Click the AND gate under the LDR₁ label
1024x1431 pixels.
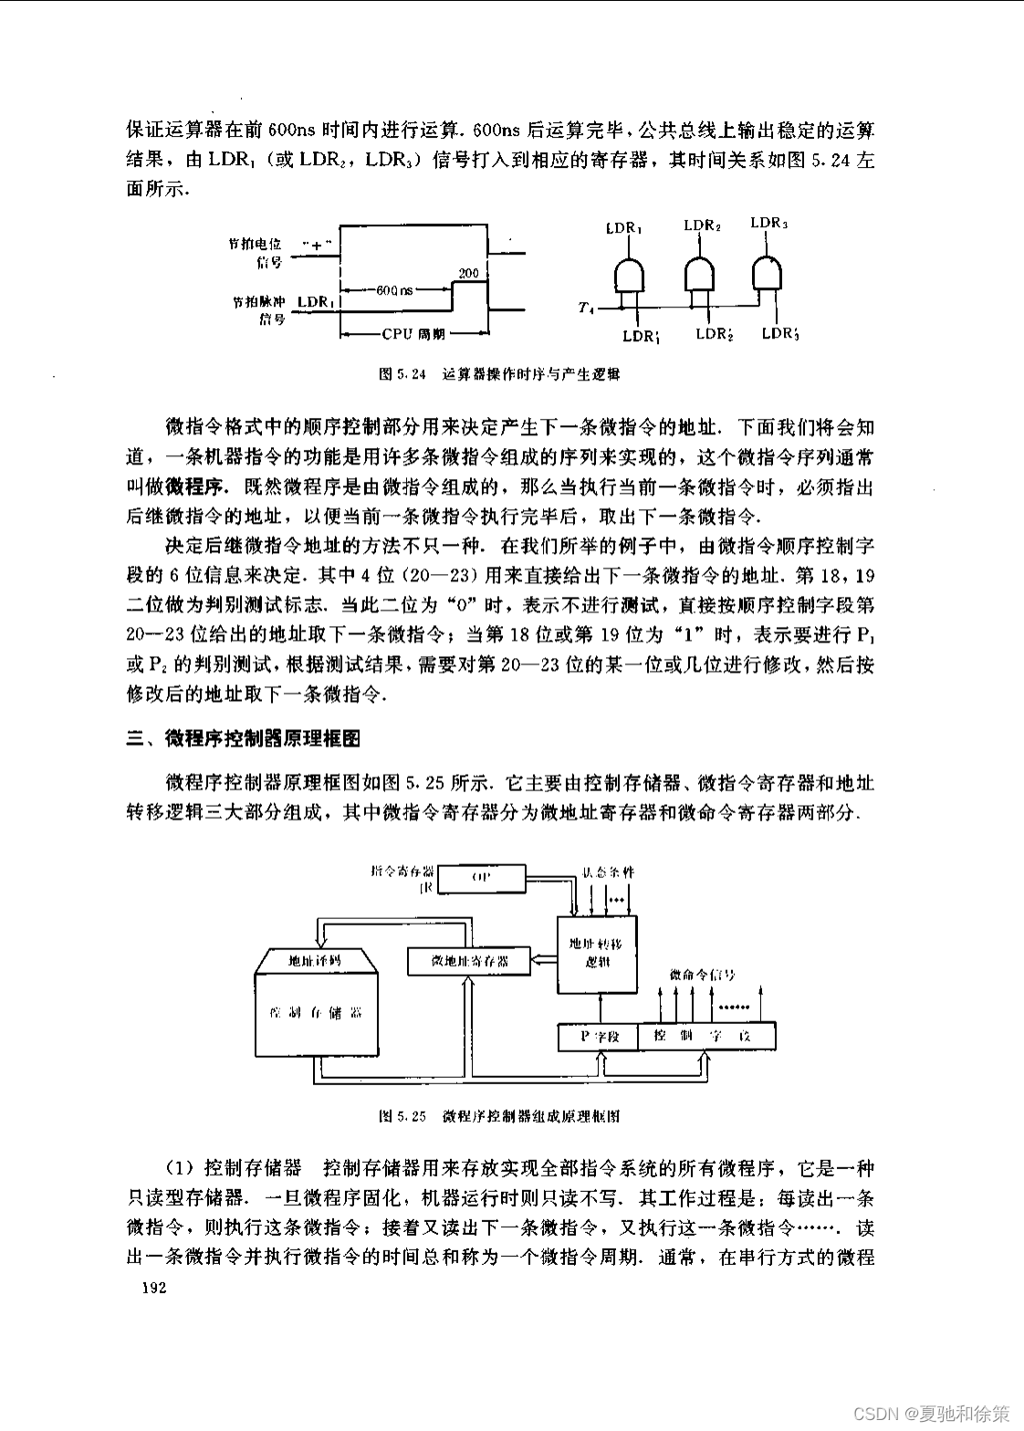[629, 274]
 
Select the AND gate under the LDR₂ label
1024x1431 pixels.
[700, 271]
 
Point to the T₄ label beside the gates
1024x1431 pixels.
[586, 308]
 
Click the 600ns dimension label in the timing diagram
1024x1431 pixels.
[394, 290]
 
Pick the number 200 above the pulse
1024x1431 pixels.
[468, 273]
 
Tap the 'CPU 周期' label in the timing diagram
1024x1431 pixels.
[413, 334]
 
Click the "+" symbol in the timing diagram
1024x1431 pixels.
[317, 245]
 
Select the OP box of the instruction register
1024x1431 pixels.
[482, 878]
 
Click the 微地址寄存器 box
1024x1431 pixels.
[469, 961]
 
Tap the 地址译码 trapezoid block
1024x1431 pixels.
[315, 960]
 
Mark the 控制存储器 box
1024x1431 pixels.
[316, 1013]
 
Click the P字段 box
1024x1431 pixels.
[600, 1037]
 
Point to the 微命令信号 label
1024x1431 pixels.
[702, 975]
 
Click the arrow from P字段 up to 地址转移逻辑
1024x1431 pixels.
[600, 1008]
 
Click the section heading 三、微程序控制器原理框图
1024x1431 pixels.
[244, 738]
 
